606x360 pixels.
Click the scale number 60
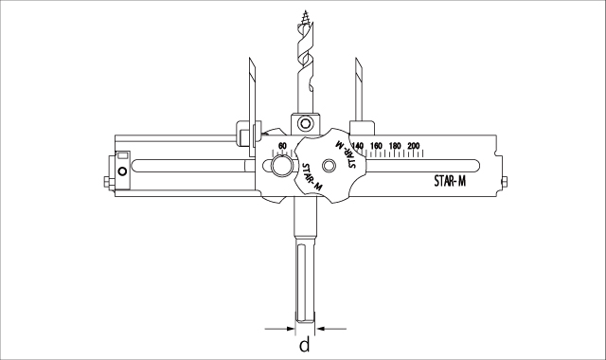pos(282,146)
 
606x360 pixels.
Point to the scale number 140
pos(358,146)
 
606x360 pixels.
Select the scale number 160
pos(376,146)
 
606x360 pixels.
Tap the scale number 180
pos(395,146)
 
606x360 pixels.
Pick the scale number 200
pos(413,146)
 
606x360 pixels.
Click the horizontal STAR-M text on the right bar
pos(450,181)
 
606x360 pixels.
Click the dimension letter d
pos(305,344)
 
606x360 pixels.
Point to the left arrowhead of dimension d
pos(291,329)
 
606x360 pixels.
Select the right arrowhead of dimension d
pos(320,329)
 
